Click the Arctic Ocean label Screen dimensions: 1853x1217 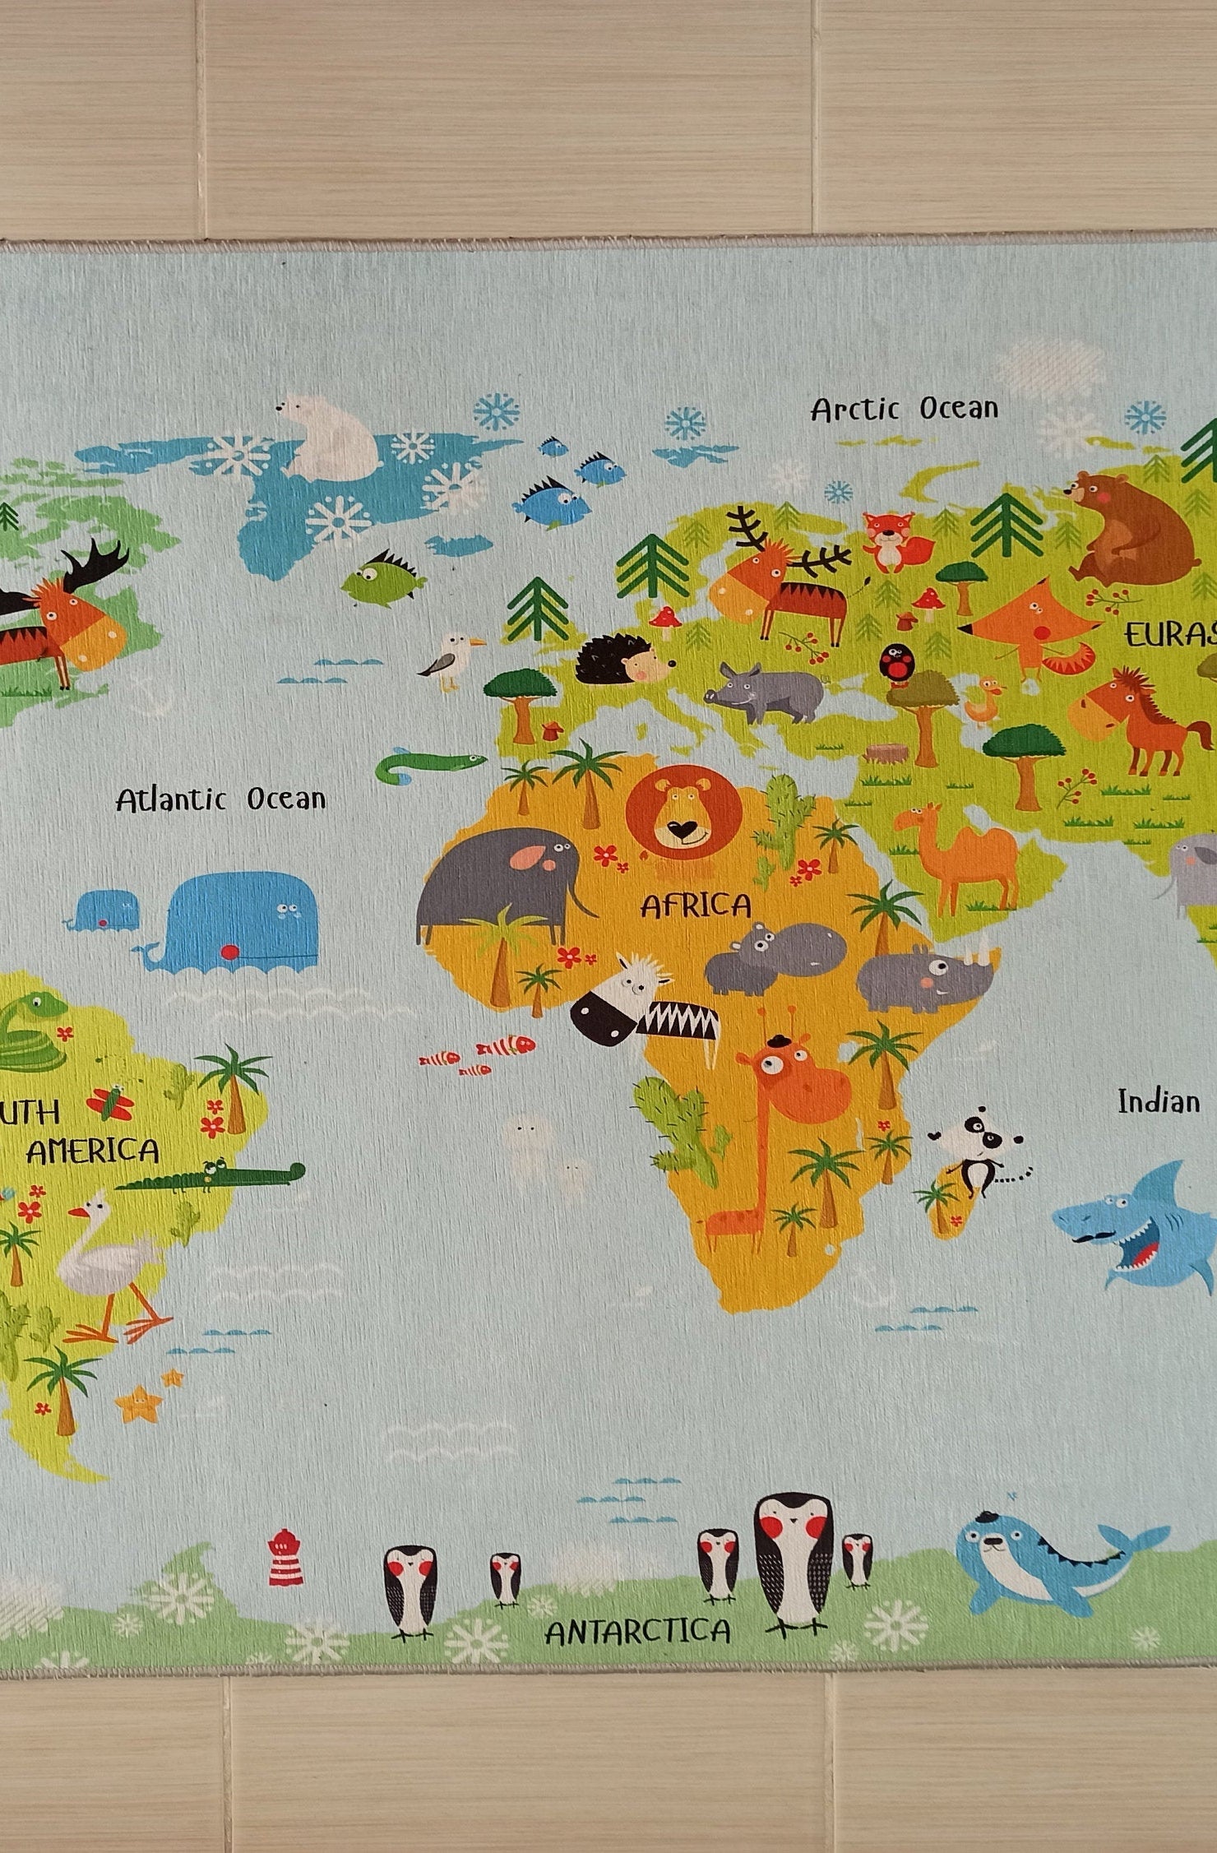[905, 409]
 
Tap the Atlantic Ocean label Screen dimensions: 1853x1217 [220, 799]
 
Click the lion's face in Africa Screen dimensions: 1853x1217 [683, 811]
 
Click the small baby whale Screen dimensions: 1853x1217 [105, 910]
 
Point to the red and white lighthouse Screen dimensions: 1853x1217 [281, 1557]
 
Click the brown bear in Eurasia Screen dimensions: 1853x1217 [1131, 527]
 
